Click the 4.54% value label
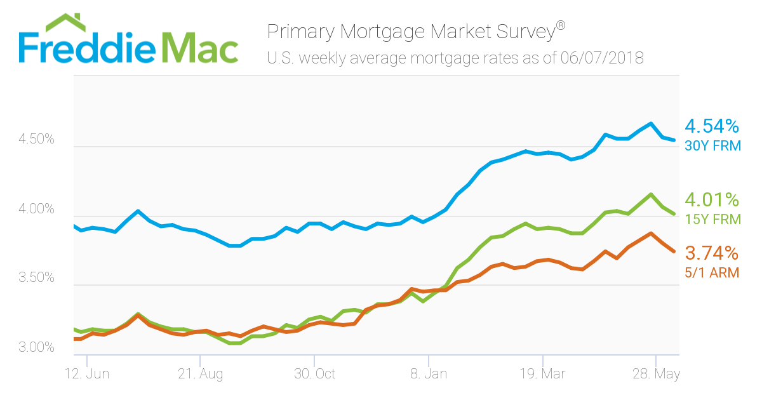712,126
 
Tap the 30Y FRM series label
713,146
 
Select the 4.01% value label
712,200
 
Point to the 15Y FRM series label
713,220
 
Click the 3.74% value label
712,253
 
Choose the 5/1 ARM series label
712,273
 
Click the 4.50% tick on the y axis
36,140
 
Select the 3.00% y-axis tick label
36,348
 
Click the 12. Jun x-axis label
88,374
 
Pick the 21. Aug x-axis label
201,374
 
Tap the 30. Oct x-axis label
314,374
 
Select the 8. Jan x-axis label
429,374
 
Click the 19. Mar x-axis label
542,374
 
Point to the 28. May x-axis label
656,374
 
